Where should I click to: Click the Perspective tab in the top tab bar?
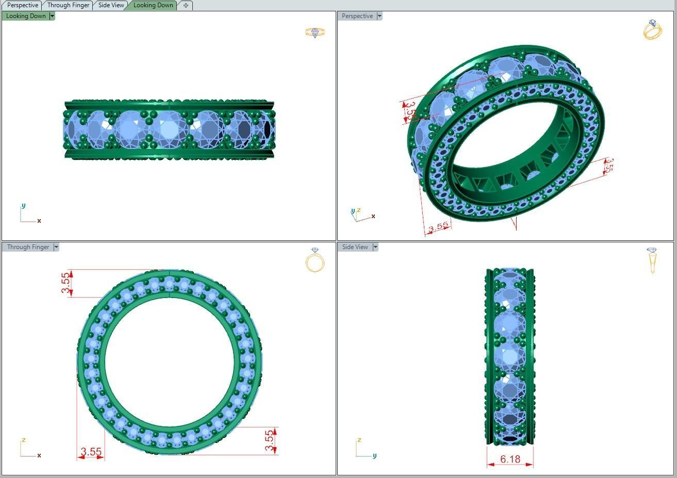coord(22,5)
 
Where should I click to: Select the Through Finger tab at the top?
coord(68,5)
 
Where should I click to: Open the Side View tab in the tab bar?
coord(111,5)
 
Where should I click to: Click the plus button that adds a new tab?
coord(186,5)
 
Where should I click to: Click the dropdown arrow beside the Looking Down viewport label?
coord(52,16)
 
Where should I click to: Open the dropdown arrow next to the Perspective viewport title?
coord(379,16)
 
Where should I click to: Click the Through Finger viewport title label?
coord(28,247)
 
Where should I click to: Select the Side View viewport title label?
coord(355,247)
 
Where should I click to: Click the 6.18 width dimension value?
coord(510,459)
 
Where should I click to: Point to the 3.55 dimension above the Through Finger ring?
coord(65,283)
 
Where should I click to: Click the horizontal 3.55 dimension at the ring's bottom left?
coord(91,452)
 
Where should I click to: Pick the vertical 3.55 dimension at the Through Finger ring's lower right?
coord(269,440)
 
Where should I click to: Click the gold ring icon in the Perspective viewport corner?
coord(652,30)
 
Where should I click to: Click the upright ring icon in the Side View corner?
coord(652,260)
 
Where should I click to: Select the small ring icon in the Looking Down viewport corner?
coord(315,32)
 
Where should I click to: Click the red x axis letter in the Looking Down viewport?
coord(39,221)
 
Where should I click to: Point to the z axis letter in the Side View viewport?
coord(359,440)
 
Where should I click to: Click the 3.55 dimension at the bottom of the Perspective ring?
coord(438,227)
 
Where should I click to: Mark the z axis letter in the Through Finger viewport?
coord(24,440)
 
